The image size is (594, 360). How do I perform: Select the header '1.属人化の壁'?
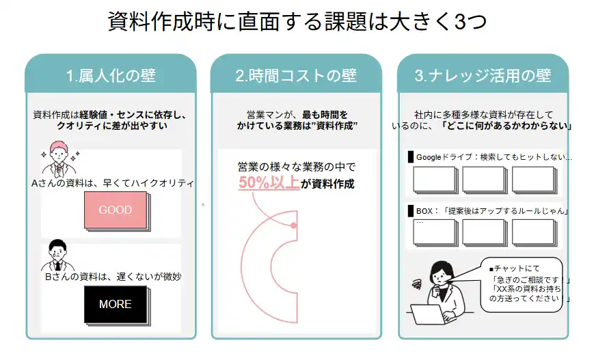point(111,75)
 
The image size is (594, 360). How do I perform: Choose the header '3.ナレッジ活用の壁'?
point(483,75)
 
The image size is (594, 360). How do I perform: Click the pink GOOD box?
point(115,210)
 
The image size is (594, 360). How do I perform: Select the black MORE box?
point(115,304)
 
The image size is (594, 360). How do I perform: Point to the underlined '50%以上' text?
point(269,183)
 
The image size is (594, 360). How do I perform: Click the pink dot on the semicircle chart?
point(293,225)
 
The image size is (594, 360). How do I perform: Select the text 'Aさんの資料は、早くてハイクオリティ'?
point(113,183)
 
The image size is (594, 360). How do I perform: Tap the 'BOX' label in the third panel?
point(424,210)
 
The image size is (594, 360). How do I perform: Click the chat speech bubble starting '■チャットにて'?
point(523,284)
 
